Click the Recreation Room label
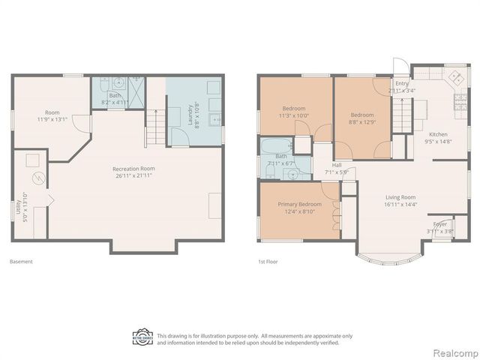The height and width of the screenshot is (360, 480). pyautogui.click(x=133, y=169)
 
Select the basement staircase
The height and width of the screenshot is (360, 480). pyautogui.click(x=155, y=125)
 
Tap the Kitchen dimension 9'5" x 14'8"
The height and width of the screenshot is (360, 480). pyautogui.click(x=437, y=141)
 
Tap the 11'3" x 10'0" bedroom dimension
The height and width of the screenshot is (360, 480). pyautogui.click(x=293, y=115)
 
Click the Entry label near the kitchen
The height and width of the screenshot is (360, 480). pyautogui.click(x=401, y=83)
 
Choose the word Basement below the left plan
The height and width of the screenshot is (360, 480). pyautogui.click(x=21, y=262)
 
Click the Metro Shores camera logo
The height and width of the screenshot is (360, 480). pyautogui.click(x=142, y=337)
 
